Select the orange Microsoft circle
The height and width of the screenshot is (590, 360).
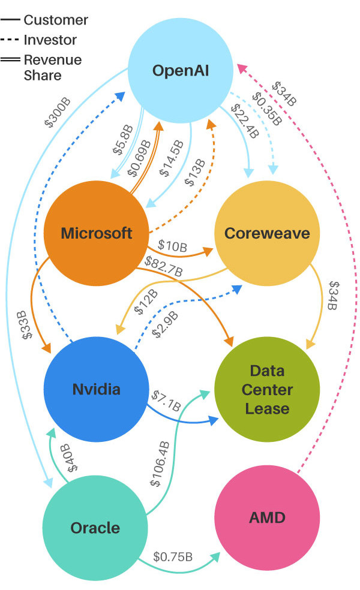coord(96,233)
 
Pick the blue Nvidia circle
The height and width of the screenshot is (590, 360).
coord(96,389)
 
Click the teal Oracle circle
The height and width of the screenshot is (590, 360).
coord(96,528)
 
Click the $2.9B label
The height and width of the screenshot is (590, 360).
coord(165,324)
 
